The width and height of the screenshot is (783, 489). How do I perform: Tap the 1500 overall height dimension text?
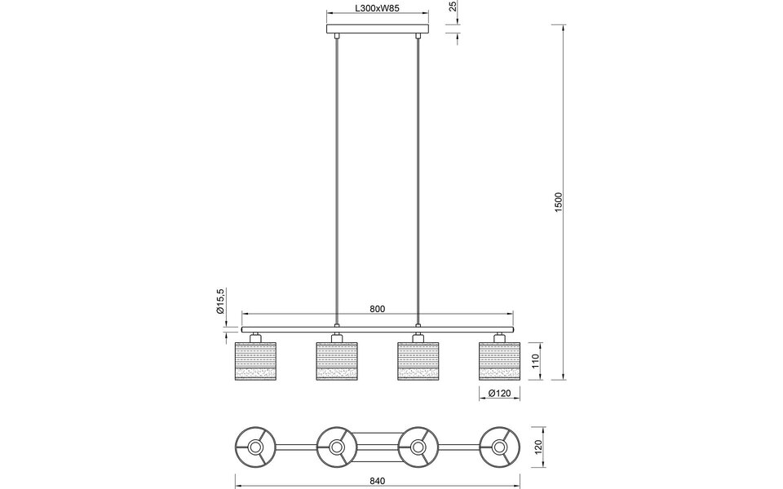559,202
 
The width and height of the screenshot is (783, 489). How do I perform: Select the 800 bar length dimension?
377,309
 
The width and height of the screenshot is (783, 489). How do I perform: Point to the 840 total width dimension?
377,481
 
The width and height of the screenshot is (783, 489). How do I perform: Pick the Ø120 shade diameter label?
498,394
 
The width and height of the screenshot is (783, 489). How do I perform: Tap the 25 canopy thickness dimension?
453,9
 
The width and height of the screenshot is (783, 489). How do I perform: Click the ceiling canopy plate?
377,32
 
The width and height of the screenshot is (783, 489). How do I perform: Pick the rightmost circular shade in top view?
499,447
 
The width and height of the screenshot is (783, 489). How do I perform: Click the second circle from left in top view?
336,447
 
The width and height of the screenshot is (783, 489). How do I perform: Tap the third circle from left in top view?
418,447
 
